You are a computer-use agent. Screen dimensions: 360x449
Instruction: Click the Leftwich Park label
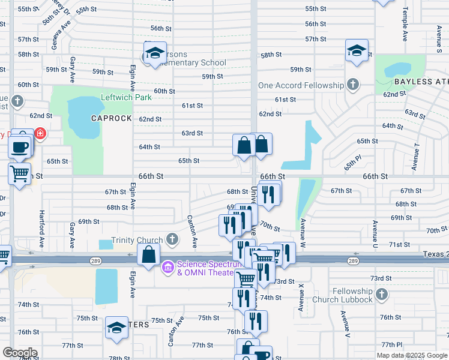tap(126, 98)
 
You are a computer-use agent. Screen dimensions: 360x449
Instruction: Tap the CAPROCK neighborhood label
tap(111, 118)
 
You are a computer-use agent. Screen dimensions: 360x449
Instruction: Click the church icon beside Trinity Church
tap(172, 240)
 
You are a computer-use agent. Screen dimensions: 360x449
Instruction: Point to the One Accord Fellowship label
tap(301, 85)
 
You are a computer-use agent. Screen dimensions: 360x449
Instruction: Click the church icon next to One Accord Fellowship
tap(354, 85)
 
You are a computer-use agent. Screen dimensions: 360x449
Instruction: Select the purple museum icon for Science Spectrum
tap(168, 266)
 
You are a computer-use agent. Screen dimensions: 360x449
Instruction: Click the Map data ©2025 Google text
tap(412, 355)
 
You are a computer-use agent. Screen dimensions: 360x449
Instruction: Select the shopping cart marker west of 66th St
tap(19, 174)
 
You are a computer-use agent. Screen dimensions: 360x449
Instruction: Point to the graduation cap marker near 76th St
tap(116, 328)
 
